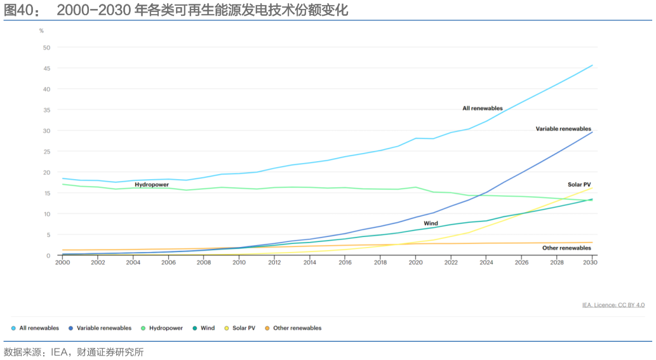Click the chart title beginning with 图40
(176, 11)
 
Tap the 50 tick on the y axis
(46, 48)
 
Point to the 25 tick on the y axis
(46, 152)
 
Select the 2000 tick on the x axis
(62, 262)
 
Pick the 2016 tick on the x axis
(344, 262)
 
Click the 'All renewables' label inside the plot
(482, 109)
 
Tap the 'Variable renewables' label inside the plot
(563, 129)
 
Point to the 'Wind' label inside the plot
(431, 223)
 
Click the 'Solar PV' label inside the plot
(579, 185)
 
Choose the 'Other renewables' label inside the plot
(567, 248)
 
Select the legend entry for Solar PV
(244, 328)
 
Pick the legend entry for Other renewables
(297, 328)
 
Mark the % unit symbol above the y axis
(41, 30)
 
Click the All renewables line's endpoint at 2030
(592, 65)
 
